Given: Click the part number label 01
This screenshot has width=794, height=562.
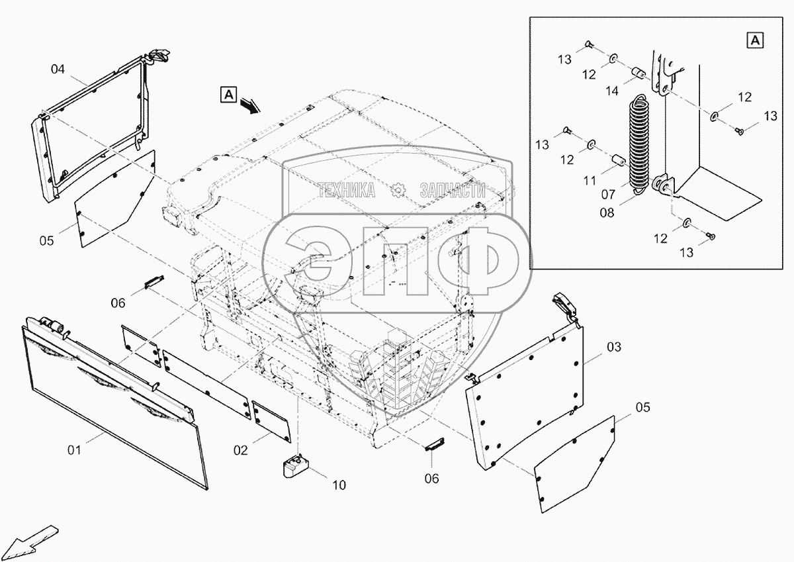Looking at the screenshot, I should pos(73,450).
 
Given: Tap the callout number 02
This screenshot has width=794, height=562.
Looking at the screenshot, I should pos(240,450).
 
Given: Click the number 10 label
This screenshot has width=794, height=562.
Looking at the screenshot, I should pos(338,485).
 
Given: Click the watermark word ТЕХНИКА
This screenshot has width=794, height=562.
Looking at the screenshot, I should pos(347,191).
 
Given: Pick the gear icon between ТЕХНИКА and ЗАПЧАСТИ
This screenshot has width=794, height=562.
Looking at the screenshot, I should pos(398,191).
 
